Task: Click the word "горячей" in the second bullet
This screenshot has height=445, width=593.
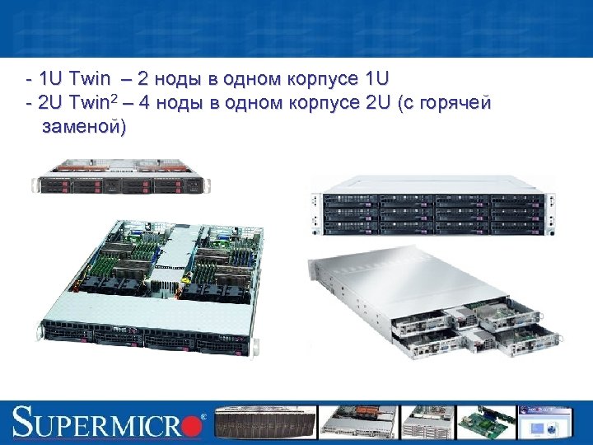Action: coord(456,103)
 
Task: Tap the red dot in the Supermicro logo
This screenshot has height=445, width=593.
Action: coord(192,424)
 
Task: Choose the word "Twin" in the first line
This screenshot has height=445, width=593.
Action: coord(90,79)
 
